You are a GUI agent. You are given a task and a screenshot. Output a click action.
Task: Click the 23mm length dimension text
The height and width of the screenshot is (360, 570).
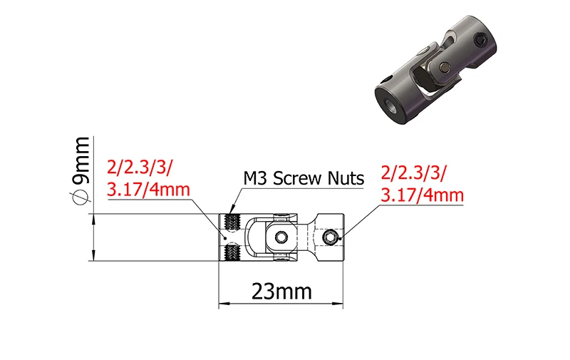[281, 292]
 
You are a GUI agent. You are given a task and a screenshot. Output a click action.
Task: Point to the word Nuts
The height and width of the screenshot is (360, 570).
[346, 178]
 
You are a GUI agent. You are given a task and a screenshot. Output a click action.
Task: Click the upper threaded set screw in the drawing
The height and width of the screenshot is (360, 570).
[232, 222]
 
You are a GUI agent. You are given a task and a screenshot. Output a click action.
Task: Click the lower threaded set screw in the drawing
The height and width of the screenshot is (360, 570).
[232, 253]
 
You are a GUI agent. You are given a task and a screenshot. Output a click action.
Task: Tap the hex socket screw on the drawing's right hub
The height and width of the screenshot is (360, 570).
[330, 237]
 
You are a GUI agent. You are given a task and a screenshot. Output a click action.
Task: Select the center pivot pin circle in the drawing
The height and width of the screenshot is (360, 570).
[281, 237]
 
